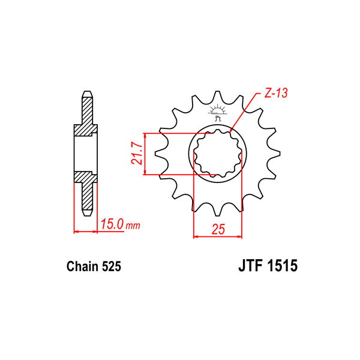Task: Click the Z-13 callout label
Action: point(276,93)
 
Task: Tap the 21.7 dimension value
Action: point(136,153)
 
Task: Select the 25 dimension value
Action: point(218,229)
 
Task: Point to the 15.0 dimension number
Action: point(112,224)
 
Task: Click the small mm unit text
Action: point(133,226)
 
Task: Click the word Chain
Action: point(82,266)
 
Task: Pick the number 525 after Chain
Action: point(112,266)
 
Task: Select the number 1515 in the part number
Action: point(283,266)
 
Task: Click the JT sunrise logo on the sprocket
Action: point(218,112)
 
